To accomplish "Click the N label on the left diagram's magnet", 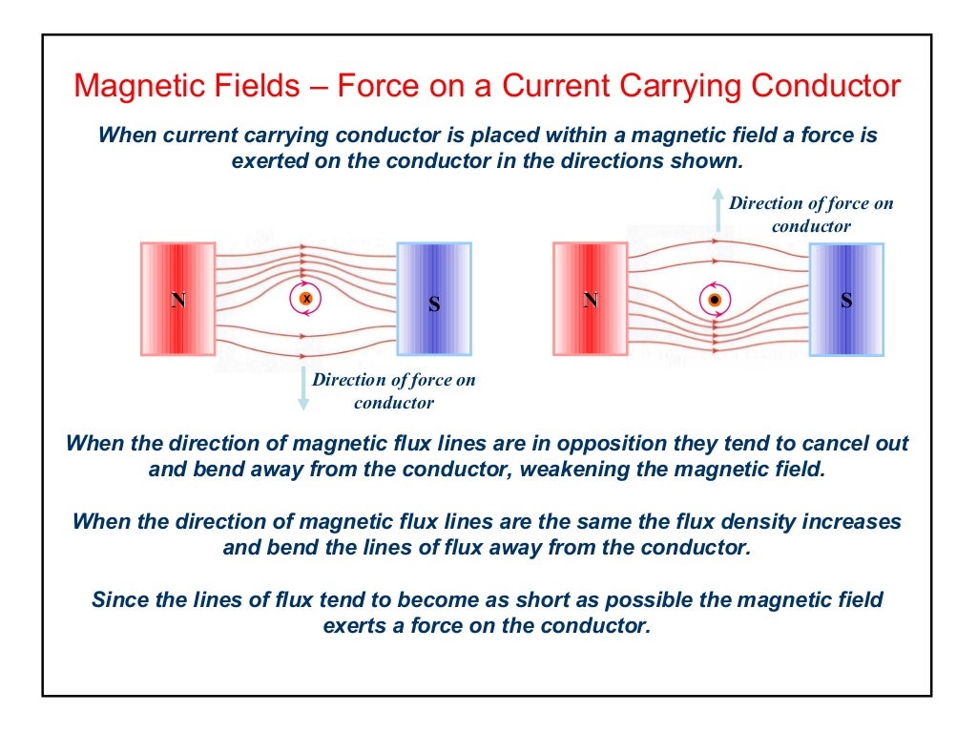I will click(x=178, y=301).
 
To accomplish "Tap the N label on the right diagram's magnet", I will click(x=591, y=301).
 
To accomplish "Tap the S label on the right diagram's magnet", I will click(x=846, y=301).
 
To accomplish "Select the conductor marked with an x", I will click(x=306, y=299).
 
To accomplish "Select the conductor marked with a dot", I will click(x=714, y=301).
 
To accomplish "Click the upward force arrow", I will click(x=717, y=209).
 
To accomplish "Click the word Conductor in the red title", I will click(x=826, y=87).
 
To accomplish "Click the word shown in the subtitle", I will click(x=707, y=161).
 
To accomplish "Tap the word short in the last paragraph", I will click(x=557, y=600).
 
